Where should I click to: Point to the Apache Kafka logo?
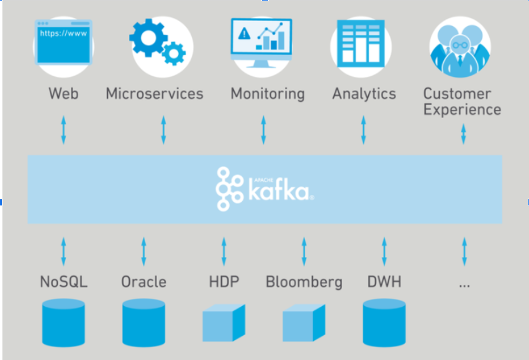pyautogui.click(x=264, y=189)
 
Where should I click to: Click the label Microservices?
pyautogui.click(x=155, y=94)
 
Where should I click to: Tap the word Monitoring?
pyautogui.click(x=268, y=94)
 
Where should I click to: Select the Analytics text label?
pyautogui.click(x=364, y=94)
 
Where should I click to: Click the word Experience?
pyautogui.click(x=462, y=110)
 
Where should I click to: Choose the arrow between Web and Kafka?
pyautogui.click(x=63, y=130)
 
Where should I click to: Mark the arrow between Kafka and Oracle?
pyautogui.click(x=143, y=251)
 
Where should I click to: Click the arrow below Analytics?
pyautogui.click(x=364, y=130)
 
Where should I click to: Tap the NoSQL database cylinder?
pyautogui.click(x=63, y=322)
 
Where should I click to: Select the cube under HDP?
pyautogui.click(x=224, y=323)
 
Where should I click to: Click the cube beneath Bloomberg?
pyautogui.click(x=304, y=323)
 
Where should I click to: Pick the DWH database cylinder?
pyautogui.click(x=384, y=322)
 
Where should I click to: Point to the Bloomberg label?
pyautogui.click(x=304, y=282)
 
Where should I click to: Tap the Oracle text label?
pyautogui.click(x=143, y=282)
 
